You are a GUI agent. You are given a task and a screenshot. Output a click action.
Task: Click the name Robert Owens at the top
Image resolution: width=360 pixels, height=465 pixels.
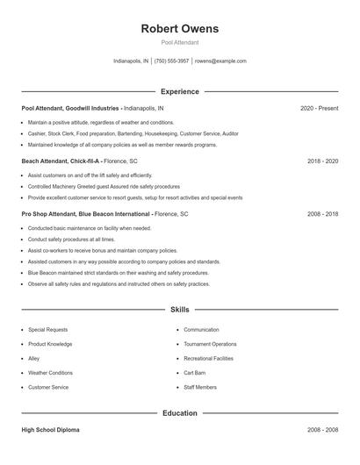coord(180,29)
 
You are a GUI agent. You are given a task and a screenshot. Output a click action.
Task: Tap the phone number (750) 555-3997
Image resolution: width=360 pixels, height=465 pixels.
coord(172,61)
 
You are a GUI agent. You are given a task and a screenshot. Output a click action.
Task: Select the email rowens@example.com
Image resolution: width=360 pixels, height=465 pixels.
coord(220,61)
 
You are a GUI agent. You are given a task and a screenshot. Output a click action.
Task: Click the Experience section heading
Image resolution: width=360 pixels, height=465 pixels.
coord(180,91)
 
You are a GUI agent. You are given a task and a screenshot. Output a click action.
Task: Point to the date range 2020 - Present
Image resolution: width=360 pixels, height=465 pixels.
coord(319,108)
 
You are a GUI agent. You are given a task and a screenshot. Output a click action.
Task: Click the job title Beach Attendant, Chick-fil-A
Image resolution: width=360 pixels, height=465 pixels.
coord(61,161)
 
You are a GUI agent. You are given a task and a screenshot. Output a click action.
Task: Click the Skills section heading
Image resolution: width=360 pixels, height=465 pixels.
coord(180,310)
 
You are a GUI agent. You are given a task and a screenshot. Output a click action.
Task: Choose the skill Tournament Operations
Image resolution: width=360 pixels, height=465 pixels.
coord(210,344)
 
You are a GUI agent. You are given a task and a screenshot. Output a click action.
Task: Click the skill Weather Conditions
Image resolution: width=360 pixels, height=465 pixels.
coord(50,373)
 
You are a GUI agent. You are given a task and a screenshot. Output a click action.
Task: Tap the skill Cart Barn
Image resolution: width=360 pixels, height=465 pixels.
coord(196,373)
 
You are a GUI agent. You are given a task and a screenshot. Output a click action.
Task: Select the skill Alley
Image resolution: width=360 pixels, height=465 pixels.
coord(34,358)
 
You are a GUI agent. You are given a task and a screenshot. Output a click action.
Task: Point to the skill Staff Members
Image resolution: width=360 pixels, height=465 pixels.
coord(200,387)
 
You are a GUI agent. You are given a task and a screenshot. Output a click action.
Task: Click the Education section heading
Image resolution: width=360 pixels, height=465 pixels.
coord(180,412)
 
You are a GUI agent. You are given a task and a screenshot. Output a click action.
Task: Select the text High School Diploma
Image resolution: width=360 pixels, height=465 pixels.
coord(52,430)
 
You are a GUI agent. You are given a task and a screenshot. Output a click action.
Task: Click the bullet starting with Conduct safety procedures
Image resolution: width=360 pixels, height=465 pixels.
coord(71,239)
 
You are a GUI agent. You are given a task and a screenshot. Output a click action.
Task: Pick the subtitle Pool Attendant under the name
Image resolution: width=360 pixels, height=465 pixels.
coord(180,42)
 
